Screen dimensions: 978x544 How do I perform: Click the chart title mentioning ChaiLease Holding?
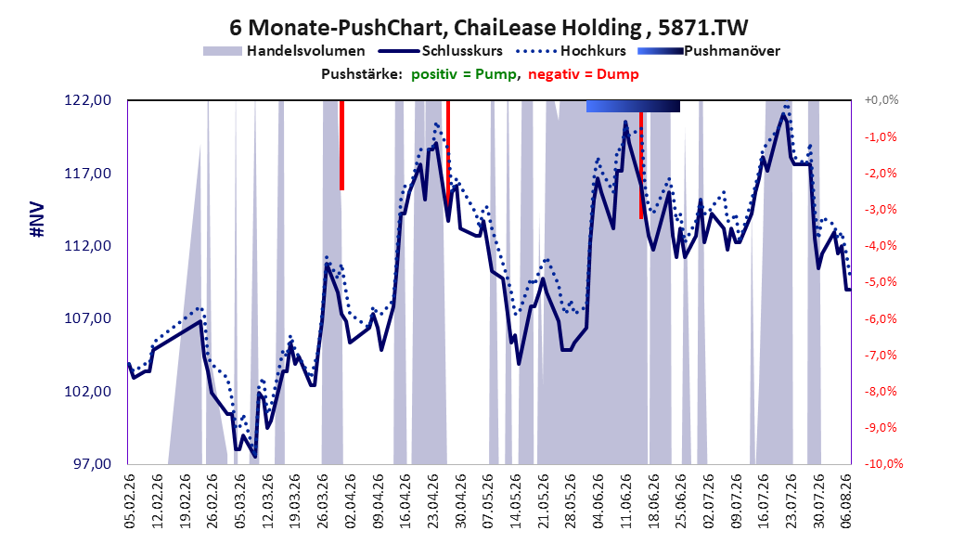(x=488, y=28)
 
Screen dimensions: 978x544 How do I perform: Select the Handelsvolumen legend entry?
(x=284, y=51)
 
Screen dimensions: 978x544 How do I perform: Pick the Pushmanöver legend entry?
(x=709, y=51)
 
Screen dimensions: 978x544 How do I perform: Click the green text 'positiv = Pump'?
(x=464, y=74)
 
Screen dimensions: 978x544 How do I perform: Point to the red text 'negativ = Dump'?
(x=584, y=74)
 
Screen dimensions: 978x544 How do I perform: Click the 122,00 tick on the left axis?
(x=88, y=100)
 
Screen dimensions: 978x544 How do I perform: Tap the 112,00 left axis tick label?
(x=88, y=246)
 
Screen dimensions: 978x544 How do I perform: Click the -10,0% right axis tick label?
(x=883, y=464)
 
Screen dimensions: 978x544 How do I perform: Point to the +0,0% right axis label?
(x=881, y=100)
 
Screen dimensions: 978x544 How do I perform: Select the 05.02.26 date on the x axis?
(x=129, y=501)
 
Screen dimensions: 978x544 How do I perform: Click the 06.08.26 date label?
(x=846, y=501)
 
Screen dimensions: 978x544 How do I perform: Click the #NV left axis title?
(x=37, y=220)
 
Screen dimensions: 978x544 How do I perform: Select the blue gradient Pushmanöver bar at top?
(x=633, y=107)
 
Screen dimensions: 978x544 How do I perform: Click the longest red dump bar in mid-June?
(x=641, y=165)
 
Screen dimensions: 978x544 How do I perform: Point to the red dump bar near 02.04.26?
(x=341, y=146)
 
